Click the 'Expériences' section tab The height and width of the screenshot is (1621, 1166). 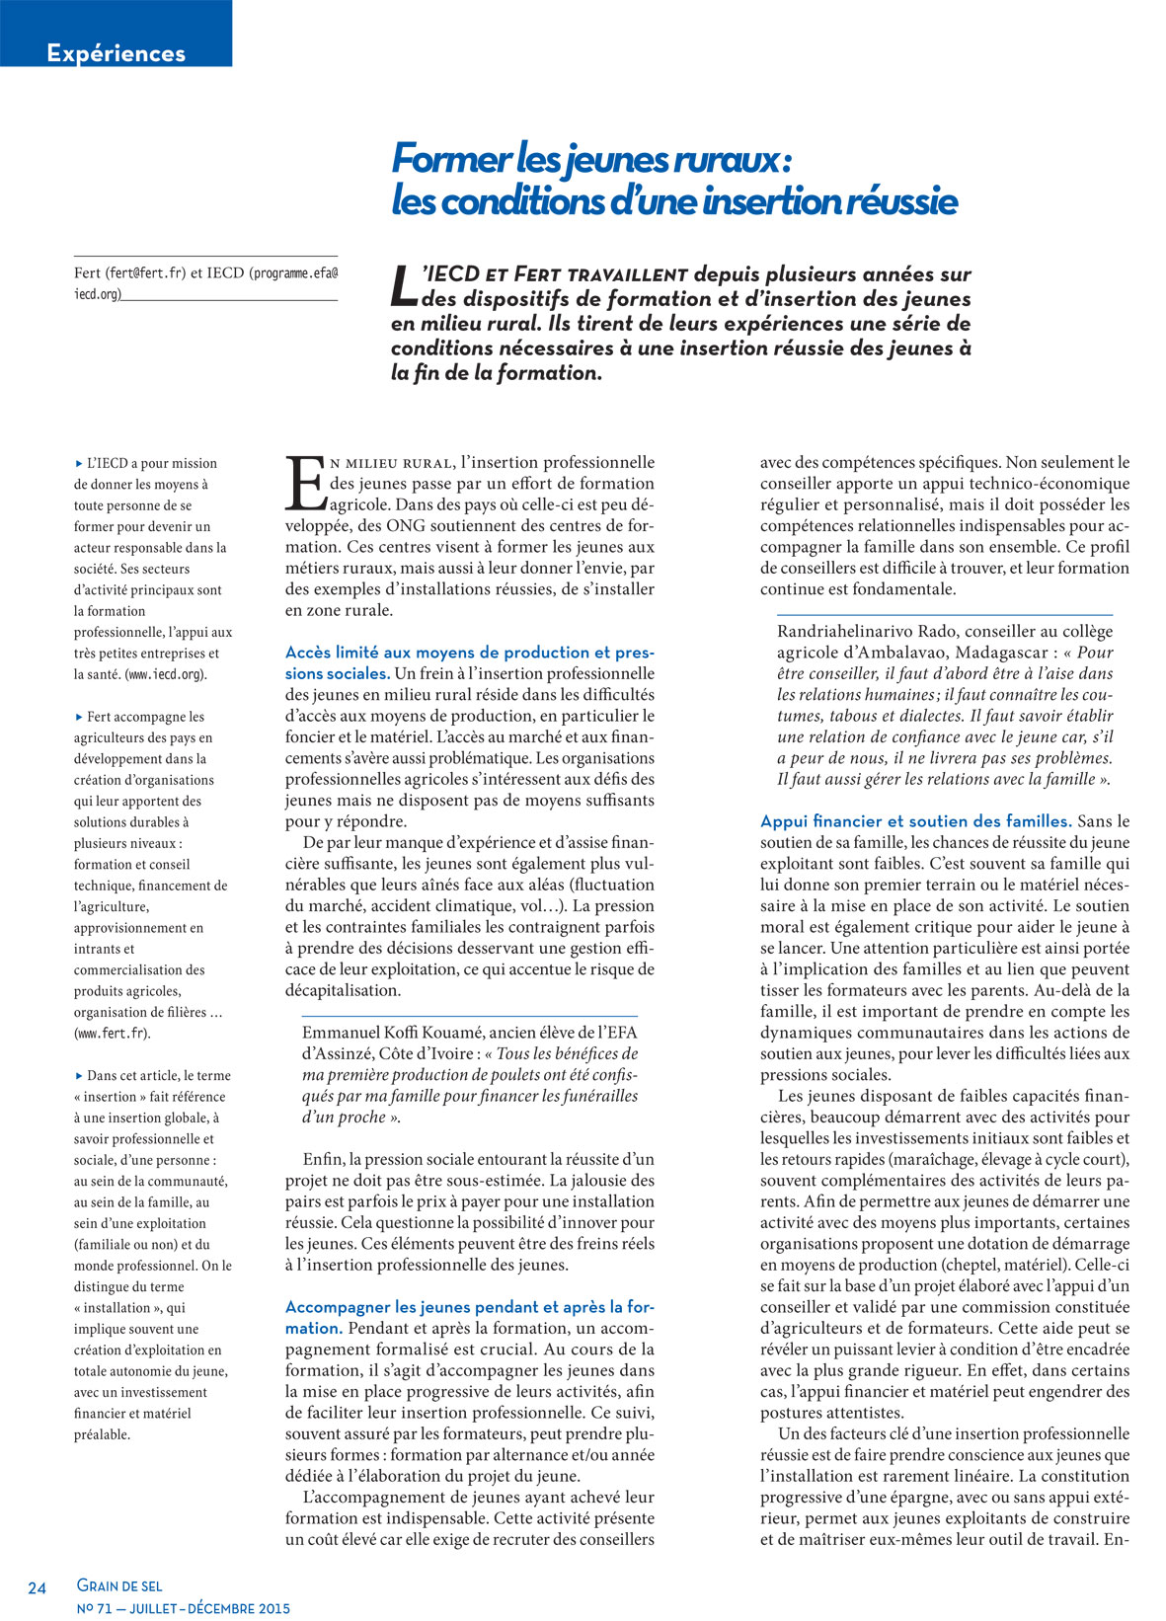116,53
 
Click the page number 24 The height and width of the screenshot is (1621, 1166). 38,1588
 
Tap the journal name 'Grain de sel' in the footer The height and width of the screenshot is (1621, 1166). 119,1585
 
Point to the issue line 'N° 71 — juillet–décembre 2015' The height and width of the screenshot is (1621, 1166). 184,1608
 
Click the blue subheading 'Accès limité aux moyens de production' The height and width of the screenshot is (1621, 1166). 469,653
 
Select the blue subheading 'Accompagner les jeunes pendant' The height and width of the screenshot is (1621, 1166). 469,1307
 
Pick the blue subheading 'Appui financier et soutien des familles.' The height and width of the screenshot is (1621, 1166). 915,821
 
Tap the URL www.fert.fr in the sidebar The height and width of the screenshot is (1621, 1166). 113,1034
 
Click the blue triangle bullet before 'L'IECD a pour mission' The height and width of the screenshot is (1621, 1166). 79,463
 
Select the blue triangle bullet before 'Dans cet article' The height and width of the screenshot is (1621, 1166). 79,1076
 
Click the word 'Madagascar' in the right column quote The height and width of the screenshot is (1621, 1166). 1001,653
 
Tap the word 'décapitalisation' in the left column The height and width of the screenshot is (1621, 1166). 343,990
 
